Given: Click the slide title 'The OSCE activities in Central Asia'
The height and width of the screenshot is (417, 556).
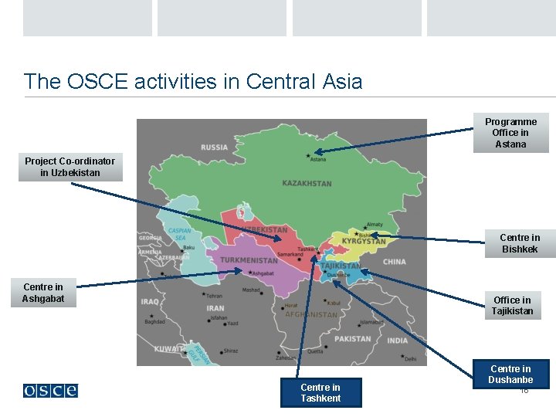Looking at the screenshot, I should pyautogui.click(x=193, y=81).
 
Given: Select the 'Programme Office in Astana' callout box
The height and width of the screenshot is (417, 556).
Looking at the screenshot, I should pyautogui.click(x=510, y=133).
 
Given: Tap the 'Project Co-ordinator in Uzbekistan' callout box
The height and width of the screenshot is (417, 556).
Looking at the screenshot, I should pyautogui.click(x=70, y=167).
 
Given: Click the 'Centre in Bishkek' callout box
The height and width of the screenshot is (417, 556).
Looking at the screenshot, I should pyautogui.click(x=520, y=243).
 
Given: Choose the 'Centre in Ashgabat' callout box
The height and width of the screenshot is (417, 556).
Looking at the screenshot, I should pyautogui.click(x=43, y=293).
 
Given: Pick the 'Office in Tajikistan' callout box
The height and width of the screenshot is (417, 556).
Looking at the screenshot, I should pyautogui.click(x=513, y=306).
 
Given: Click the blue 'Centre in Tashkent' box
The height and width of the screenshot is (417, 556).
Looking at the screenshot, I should pyautogui.click(x=320, y=392).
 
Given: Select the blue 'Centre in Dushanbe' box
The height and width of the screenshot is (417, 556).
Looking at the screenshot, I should pyautogui.click(x=510, y=374).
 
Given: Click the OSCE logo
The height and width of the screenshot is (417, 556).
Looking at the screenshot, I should pyautogui.click(x=50, y=391).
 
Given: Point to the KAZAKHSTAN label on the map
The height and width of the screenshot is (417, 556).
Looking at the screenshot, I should pyautogui.click(x=307, y=184).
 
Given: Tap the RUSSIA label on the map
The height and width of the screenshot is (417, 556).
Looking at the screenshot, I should pyautogui.click(x=214, y=147).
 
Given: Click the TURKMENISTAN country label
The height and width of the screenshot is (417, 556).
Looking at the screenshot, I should pyautogui.click(x=248, y=260).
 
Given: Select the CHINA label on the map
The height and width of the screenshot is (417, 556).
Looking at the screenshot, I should pyautogui.click(x=394, y=262).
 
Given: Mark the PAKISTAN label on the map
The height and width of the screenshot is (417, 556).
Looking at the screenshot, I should pyautogui.click(x=352, y=339).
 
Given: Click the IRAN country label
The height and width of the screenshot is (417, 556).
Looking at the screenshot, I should pyautogui.click(x=215, y=308).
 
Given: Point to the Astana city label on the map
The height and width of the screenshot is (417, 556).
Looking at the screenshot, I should pyautogui.click(x=318, y=160).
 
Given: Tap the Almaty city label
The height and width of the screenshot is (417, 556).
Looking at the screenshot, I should pyautogui.click(x=374, y=225).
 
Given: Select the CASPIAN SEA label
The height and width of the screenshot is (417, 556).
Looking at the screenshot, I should pyautogui.click(x=179, y=235).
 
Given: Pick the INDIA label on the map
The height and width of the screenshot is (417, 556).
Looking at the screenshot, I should pyautogui.click(x=398, y=341).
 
